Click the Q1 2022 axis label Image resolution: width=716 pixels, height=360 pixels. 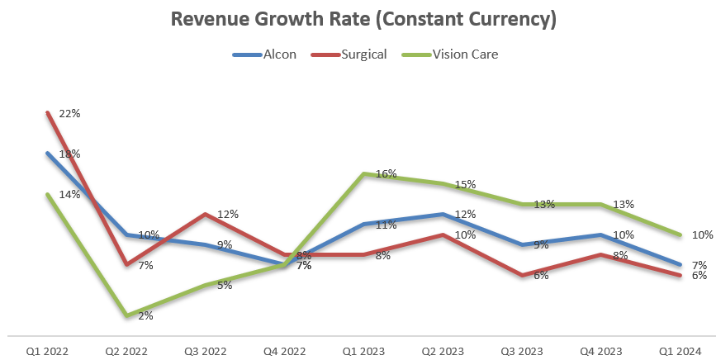tap(47, 349)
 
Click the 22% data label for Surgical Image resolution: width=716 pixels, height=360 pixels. tap(69, 113)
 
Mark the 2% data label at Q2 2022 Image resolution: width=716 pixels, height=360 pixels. tap(145, 315)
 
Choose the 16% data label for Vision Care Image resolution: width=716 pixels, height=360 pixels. tap(386, 174)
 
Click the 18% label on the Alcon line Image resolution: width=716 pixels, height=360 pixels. tap(69, 154)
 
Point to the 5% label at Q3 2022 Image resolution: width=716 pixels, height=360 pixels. tap(225, 285)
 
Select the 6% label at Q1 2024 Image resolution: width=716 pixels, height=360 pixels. tap(699, 276)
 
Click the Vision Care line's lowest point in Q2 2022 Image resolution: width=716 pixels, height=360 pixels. tap(126, 315)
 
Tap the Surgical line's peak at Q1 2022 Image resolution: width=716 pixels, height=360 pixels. tap(47, 112)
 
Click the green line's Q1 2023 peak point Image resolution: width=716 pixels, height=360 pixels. tap(364, 173)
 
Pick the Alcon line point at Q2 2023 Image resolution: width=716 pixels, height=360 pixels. tap(444, 214)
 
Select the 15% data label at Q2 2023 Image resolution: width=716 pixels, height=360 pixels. tap(465, 185)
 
